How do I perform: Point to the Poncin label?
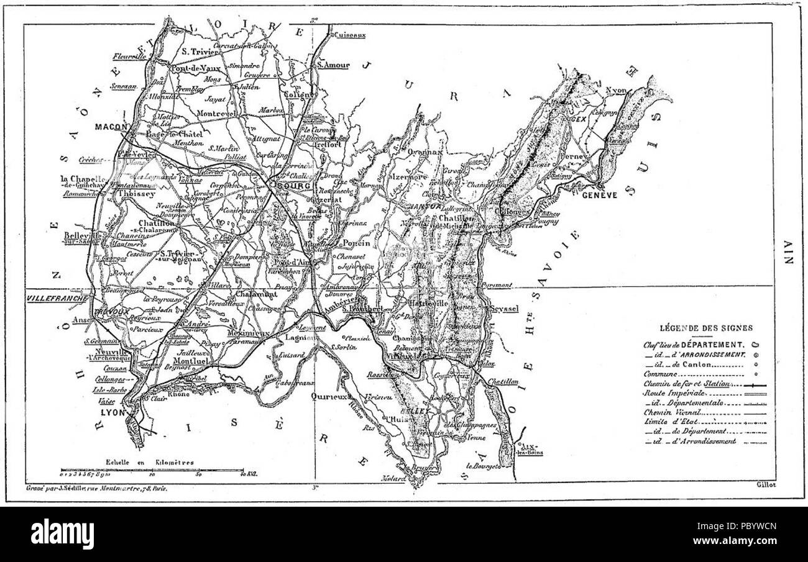(356, 243)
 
